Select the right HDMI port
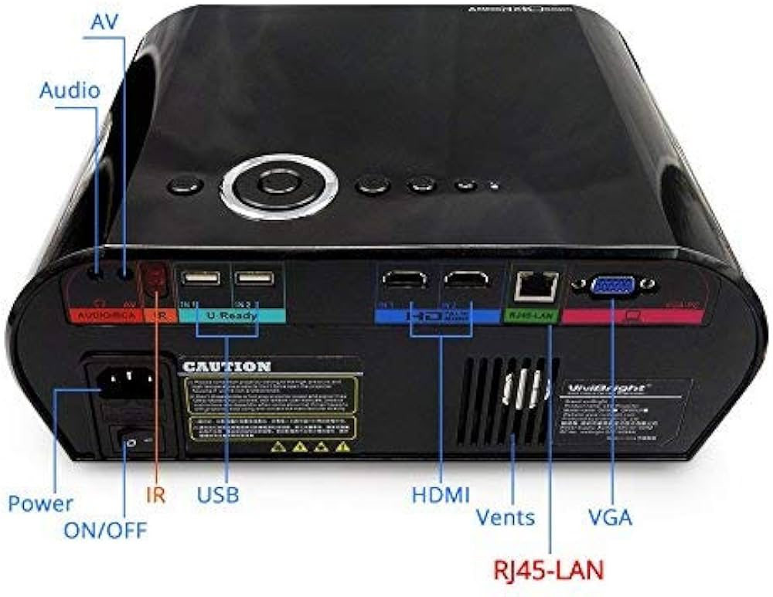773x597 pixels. click(466, 281)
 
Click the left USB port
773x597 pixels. click(199, 278)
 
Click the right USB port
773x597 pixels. click(254, 278)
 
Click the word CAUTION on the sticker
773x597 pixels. click(226, 366)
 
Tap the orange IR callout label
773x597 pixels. click(156, 494)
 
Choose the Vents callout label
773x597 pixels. click(505, 516)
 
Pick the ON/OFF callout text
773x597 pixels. click(105, 530)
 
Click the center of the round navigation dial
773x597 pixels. click(278, 184)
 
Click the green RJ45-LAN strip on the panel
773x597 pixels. click(530, 315)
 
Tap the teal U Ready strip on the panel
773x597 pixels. click(233, 316)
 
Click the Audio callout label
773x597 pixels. click(70, 90)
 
